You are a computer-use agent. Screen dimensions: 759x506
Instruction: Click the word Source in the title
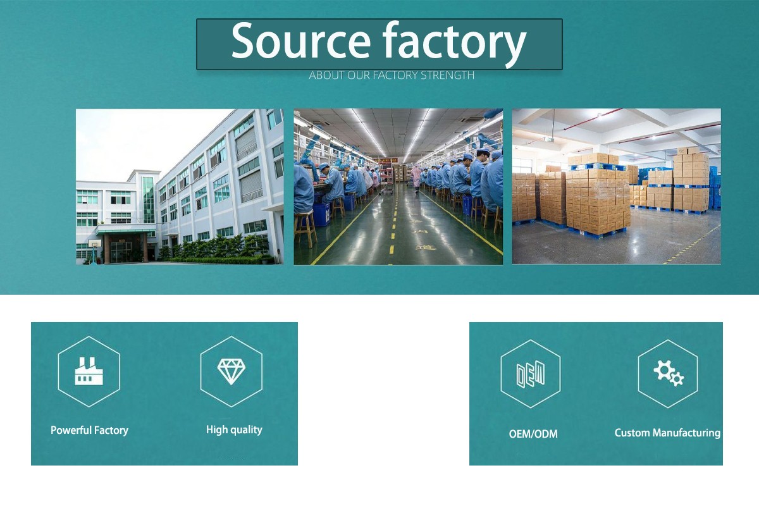click(x=301, y=40)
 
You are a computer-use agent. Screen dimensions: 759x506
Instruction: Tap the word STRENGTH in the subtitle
click(x=447, y=75)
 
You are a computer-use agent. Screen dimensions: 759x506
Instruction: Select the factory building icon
click(x=89, y=371)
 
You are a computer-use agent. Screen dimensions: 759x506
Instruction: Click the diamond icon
click(x=231, y=371)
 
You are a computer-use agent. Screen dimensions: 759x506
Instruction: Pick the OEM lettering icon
click(x=531, y=374)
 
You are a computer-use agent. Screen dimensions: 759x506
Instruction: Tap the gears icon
click(x=669, y=373)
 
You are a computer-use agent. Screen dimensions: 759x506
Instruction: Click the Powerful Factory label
click(x=89, y=431)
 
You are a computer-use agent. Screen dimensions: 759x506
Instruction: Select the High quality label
click(x=234, y=429)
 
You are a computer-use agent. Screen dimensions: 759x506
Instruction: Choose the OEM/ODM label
click(x=533, y=434)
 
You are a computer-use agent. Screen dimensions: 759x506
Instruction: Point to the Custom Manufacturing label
click(x=667, y=433)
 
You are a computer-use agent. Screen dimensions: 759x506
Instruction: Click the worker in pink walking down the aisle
click(x=416, y=178)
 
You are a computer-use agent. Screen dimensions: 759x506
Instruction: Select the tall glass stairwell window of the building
click(x=148, y=200)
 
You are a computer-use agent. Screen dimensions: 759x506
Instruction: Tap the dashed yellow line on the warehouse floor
click(x=691, y=245)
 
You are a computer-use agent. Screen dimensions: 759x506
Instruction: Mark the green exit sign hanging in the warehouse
click(x=548, y=139)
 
